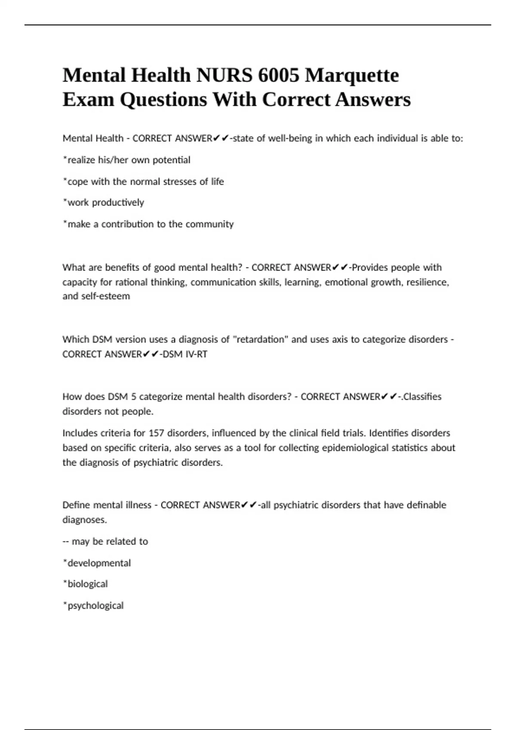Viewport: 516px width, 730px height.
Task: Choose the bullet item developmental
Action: click(99, 563)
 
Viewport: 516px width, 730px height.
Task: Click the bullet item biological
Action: click(87, 584)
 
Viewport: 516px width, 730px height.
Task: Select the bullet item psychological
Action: click(95, 605)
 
